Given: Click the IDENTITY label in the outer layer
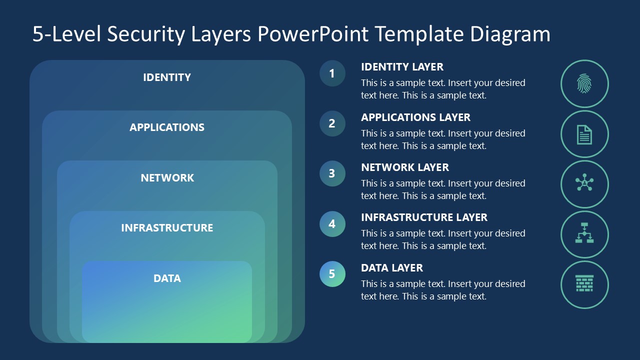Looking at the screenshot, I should (167, 77).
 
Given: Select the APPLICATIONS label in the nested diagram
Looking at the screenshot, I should (167, 127).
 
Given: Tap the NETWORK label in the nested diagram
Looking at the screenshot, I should (167, 178).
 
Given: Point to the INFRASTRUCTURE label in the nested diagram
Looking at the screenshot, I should (167, 228).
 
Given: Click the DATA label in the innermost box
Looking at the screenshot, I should (167, 278).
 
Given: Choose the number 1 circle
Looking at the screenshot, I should (332, 73).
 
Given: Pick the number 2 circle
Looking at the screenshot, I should (332, 123).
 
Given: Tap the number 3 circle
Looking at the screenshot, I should (332, 173).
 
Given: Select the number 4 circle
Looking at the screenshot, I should (332, 224).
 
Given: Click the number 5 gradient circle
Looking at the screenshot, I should (332, 274).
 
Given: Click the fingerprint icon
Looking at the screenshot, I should (584, 84).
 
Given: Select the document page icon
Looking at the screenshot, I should (584, 134).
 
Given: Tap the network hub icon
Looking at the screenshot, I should (584, 184).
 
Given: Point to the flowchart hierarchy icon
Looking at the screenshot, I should (584, 234).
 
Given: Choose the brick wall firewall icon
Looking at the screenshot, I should (584, 284).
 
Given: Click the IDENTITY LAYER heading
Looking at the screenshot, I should (402, 67).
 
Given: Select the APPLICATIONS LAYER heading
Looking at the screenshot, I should (415, 117).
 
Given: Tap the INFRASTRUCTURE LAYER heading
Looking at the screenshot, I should (424, 217).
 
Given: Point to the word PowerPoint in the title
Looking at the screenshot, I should (313, 34).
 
